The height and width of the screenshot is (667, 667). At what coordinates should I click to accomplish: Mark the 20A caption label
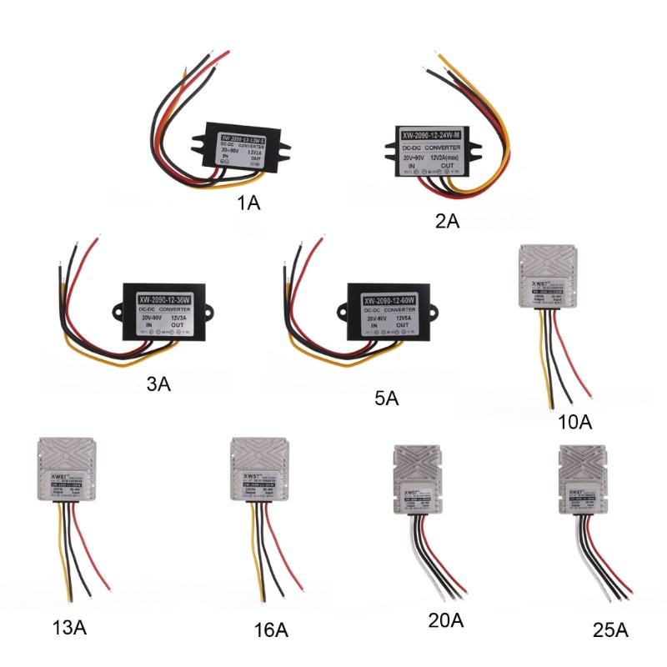tap(444, 620)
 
